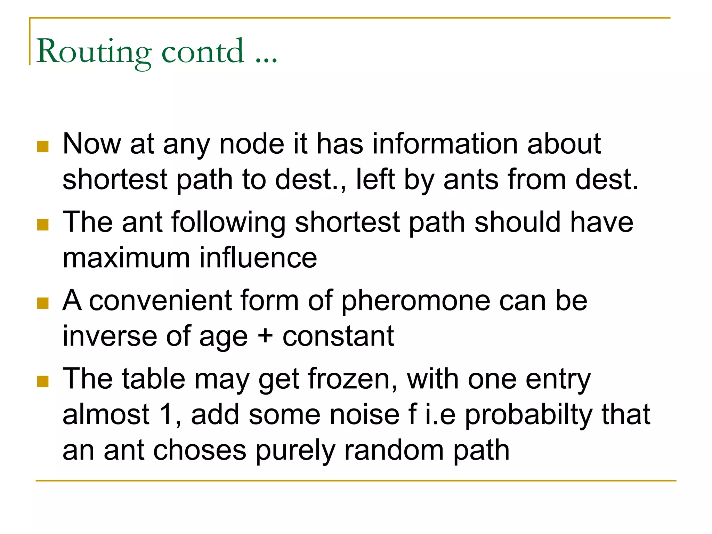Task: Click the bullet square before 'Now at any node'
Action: (42, 146)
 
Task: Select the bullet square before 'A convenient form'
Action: (42, 303)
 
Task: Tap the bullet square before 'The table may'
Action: (42, 381)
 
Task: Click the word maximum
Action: (126, 258)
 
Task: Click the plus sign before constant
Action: (265, 337)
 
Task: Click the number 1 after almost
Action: (166, 414)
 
